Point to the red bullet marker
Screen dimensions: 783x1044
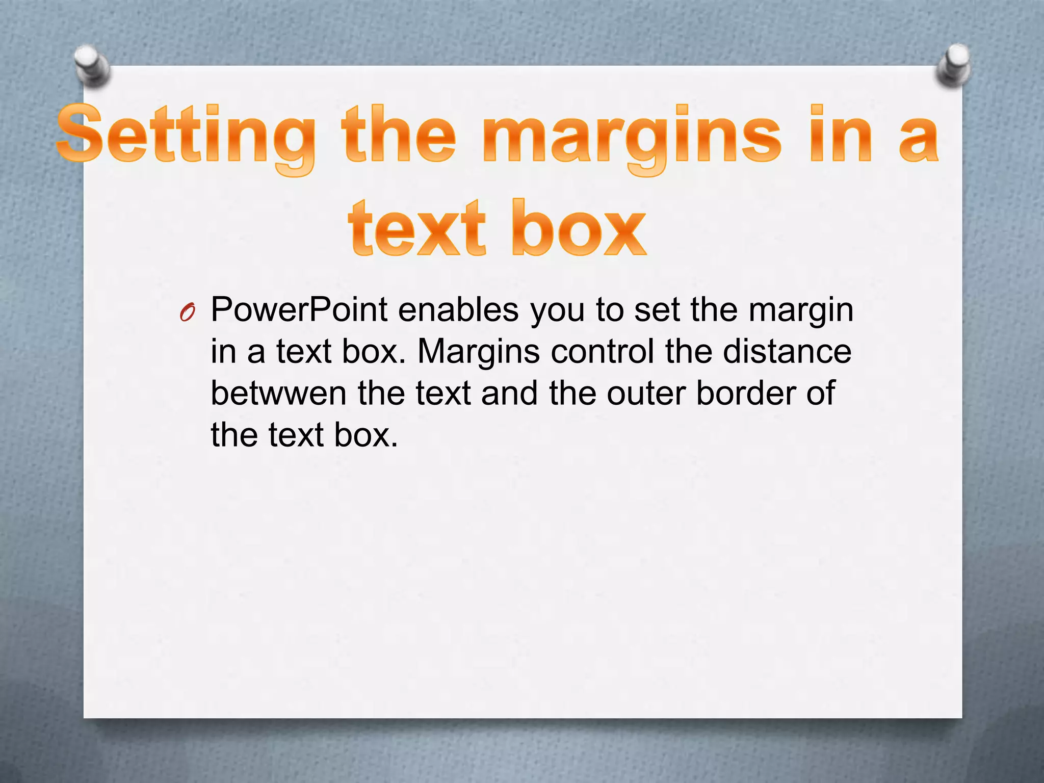(x=187, y=312)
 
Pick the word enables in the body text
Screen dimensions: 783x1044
(x=458, y=310)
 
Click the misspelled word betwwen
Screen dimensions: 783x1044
(x=278, y=394)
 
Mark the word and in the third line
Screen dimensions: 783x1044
(x=509, y=394)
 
